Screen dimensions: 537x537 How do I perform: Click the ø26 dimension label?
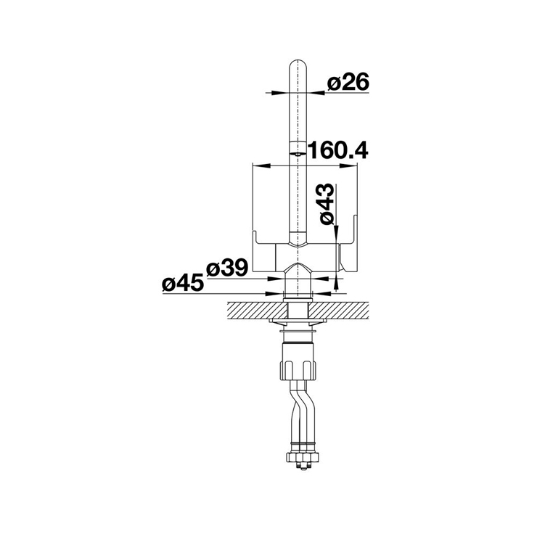(348, 82)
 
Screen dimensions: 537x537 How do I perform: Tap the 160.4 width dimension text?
(338, 150)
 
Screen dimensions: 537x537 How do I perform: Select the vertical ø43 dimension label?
(327, 204)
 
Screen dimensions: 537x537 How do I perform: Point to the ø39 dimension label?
(226, 268)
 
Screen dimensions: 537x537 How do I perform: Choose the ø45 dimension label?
(183, 284)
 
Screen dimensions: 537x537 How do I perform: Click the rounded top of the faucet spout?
(298, 66)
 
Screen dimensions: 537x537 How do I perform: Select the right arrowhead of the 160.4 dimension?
(349, 166)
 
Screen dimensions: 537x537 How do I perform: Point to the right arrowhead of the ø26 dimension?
(315, 92)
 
